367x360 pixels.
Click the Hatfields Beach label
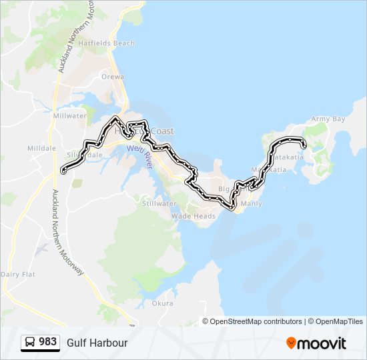(x=107, y=43)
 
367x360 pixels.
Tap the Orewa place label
(x=113, y=77)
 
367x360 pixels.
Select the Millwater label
(x=69, y=115)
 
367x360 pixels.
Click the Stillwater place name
(x=159, y=203)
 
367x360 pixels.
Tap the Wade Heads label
(x=194, y=216)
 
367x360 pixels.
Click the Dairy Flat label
(x=18, y=274)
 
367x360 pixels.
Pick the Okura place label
(x=162, y=303)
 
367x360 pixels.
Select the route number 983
(x=47, y=342)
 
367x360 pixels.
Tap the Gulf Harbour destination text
(x=97, y=343)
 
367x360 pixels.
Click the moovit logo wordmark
(x=322, y=343)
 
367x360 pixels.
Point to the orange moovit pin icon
(x=292, y=343)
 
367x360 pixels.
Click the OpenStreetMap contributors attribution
(x=256, y=321)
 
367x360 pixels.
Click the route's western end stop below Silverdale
(x=63, y=171)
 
